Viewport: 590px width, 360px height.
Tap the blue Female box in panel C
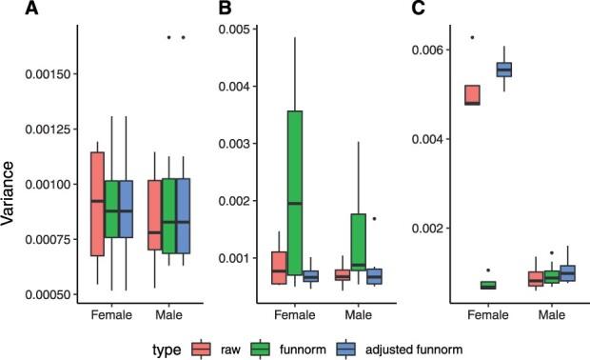pos(503,69)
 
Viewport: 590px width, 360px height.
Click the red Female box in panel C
pos(472,94)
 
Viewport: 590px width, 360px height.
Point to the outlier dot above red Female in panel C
pos(472,37)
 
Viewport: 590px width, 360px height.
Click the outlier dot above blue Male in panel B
pos(374,218)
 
